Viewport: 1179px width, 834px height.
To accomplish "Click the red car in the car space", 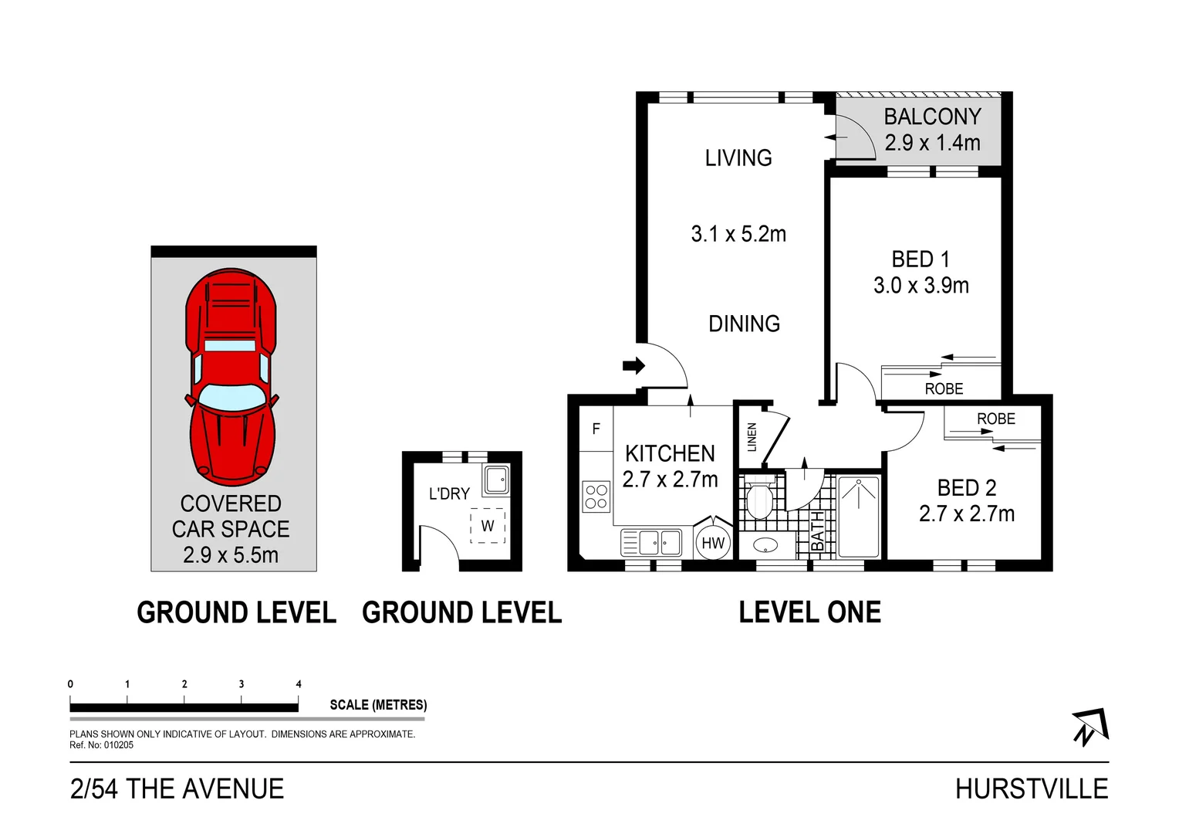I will (231, 375).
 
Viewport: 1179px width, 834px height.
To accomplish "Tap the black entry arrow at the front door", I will (633, 365).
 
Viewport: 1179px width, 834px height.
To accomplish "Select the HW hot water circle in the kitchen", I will (713, 543).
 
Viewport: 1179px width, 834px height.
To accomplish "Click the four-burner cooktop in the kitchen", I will (596, 496).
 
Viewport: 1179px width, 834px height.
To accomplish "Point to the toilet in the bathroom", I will (760, 500).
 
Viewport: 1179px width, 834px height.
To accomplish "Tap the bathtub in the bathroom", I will (858, 517).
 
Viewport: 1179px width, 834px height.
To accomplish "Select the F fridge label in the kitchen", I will (596, 429).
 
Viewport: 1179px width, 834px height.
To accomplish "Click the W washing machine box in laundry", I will (488, 526).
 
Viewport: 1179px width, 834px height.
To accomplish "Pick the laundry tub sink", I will (495, 480).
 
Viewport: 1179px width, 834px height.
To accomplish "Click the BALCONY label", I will (932, 117).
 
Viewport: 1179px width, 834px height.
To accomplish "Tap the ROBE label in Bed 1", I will (944, 388).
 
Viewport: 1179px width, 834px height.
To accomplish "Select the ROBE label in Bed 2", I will (995, 419).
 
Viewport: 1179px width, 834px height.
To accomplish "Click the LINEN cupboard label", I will (752, 437).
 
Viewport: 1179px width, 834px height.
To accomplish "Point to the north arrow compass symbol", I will (1089, 727).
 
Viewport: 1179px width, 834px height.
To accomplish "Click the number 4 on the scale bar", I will (299, 684).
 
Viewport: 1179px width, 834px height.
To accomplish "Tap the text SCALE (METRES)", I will (378, 704).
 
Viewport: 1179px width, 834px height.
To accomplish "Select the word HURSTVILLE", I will (1031, 788).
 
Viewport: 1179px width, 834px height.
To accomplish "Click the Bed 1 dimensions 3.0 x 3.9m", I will (921, 286).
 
